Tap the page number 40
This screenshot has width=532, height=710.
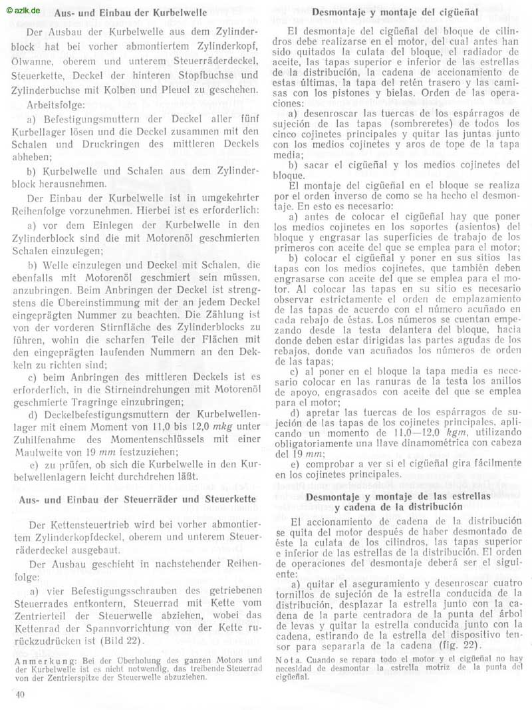19,695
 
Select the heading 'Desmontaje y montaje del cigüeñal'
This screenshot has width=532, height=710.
397,13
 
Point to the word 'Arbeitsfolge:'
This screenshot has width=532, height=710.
55,105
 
